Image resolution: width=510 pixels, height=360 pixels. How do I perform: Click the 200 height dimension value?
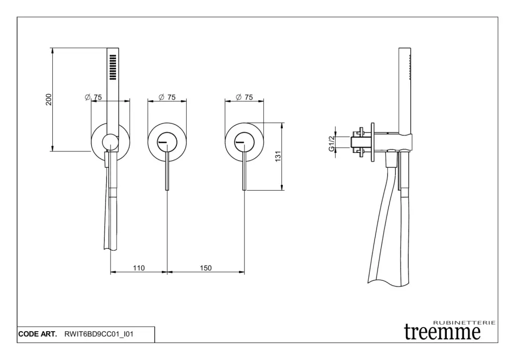coord(49,100)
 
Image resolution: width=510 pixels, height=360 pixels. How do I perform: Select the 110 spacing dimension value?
coord(138,268)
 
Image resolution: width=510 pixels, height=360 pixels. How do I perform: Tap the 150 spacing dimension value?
coord(206,268)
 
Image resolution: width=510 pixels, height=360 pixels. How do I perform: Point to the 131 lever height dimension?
coord(278,156)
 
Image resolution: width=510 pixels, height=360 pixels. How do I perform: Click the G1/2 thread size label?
coord(332,143)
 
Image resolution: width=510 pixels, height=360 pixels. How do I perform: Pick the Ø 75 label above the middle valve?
coord(167,97)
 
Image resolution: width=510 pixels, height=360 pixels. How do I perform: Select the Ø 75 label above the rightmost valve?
coord(244,97)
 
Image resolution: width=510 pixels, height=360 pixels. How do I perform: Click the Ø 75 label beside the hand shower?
coord(93,97)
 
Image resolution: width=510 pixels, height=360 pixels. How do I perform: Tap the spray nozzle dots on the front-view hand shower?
coord(113,67)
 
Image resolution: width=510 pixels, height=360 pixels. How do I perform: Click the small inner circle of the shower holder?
coord(103,142)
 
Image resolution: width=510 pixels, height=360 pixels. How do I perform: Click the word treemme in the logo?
coord(442,332)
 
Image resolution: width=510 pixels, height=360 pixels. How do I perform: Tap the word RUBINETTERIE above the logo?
coord(465,323)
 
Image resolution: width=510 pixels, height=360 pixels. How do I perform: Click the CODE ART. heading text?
coord(38,334)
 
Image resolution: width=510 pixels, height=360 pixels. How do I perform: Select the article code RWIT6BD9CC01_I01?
coord(99,334)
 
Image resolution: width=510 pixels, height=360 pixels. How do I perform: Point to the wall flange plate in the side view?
coord(373,142)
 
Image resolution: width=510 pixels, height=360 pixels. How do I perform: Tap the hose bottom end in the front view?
coord(111,249)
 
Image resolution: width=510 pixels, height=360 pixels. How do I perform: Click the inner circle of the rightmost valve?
coord(235,142)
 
